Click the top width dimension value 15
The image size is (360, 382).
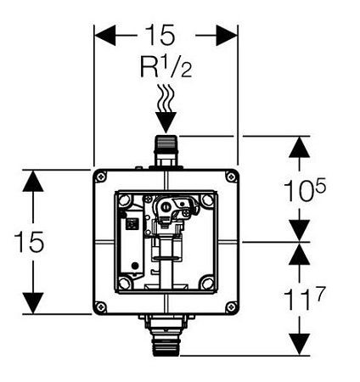point(160,35)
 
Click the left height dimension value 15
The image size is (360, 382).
point(30,242)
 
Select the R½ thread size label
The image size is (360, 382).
point(166,67)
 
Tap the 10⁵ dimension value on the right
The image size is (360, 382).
point(305,190)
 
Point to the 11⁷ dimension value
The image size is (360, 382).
point(303,298)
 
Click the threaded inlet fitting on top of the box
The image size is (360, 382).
point(166,151)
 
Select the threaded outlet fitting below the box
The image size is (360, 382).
point(166,334)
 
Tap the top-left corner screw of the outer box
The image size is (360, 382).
point(101,177)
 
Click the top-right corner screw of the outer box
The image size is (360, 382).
point(231,177)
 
